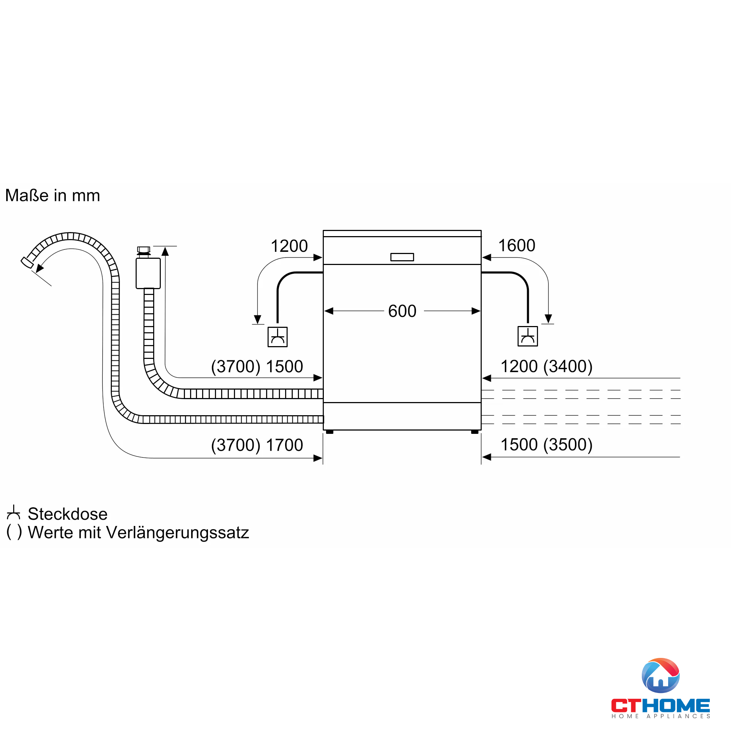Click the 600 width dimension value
coord(402,311)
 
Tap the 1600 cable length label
coord(516,246)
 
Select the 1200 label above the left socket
coord(289,246)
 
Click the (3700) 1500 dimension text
coord(257,367)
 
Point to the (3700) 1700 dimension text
coord(257,445)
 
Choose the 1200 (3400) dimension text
coord(546,366)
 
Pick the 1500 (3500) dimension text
coord(546,444)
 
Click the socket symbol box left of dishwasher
coord(277,337)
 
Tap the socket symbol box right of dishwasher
coord(527,336)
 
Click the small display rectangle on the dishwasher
coord(402,257)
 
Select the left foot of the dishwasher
coord(330,432)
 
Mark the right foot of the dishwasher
coord(474,432)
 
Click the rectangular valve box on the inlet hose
coord(148,273)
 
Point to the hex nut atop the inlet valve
coord(143,249)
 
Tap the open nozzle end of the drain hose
coord(26,262)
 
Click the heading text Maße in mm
coord(53,196)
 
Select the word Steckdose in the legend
coord(67,514)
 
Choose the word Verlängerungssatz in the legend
coord(178,533)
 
